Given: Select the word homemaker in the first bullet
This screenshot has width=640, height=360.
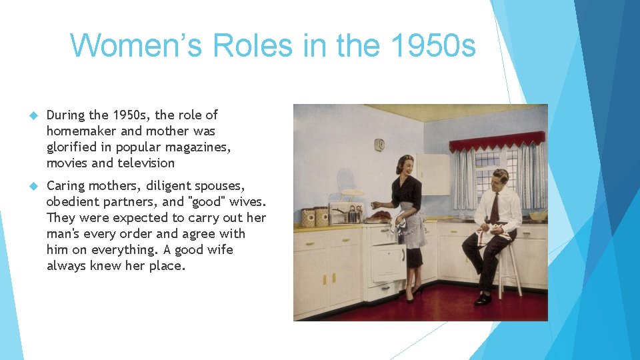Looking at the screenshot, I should point(79,131).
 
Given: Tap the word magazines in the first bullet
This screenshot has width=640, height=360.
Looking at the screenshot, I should point(202,147).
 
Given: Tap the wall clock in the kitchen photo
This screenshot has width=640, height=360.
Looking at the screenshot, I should point(379,145).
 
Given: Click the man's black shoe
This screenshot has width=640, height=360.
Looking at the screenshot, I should point(483,300).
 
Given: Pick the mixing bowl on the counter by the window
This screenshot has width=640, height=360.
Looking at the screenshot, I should point(537,215).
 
